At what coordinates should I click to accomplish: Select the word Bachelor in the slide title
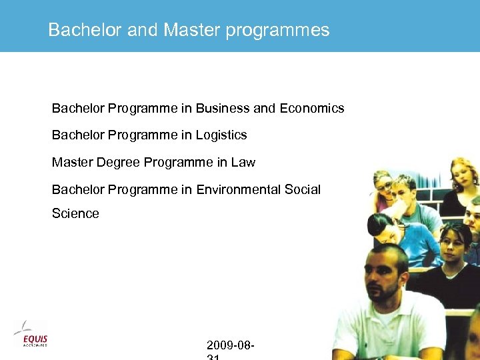pyautogui.click(x=85, y=30)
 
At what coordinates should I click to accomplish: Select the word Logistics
pyautogui.click(x=221, y=135)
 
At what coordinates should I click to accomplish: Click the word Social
pyautogui.click(x=303, y=189)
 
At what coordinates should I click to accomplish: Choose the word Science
pyautogui.click(x=75, y=213)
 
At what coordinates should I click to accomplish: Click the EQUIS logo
pyautogui.click(x=31, y=334)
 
